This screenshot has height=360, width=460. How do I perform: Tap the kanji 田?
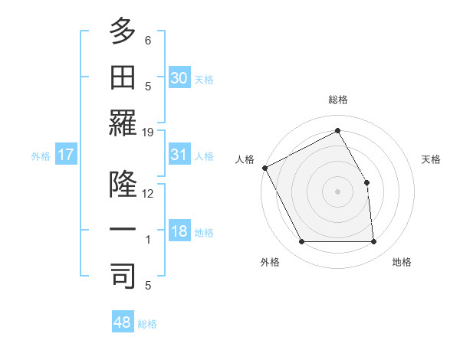coord(123,77)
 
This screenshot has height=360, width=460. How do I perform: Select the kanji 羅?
coord(123,123)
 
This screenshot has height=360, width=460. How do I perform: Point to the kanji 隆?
coord(123,185)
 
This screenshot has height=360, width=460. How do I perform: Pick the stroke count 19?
coord(148,132)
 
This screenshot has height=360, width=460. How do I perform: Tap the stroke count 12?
coord(148,193)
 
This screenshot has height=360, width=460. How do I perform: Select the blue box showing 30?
coord(179,77)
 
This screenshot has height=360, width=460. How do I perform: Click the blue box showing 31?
coord(179,155)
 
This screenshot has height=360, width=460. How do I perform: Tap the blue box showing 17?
coord(66,155)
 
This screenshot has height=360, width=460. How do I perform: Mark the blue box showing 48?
coord(123,322)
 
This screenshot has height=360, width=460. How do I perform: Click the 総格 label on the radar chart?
coord(337,100)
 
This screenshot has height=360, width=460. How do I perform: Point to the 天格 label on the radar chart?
coord(431,159)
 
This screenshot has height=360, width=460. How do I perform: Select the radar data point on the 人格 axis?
coord(264,167)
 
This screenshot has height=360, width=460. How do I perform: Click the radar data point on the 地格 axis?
coord(373,242)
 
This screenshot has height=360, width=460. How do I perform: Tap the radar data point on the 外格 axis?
coord(301,242)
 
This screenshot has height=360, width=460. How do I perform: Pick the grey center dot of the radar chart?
coord(337,191)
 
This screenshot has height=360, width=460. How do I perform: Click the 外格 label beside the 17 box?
coord(41,155)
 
